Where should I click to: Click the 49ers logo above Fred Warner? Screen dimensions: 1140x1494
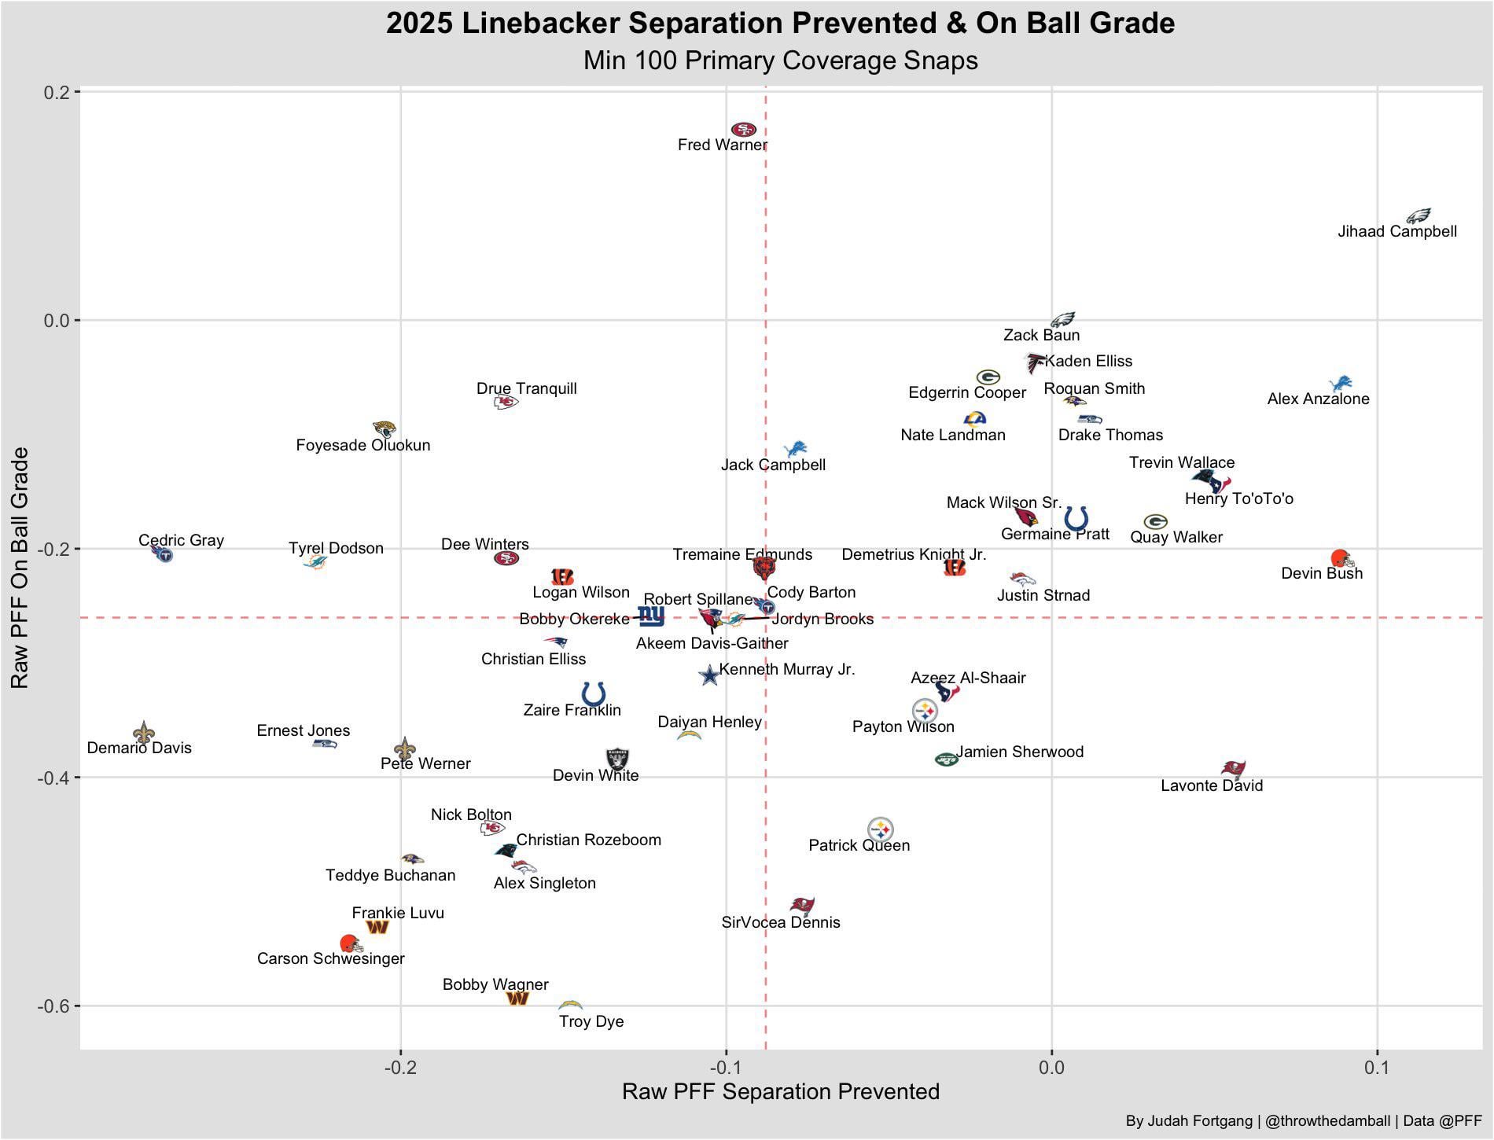[x=743, y=130]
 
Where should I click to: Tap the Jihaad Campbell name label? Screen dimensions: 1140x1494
[x=1397, y=232]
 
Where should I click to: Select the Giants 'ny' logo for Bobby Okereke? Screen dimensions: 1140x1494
[x=650, y=616]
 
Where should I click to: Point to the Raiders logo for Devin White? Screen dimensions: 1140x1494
[x=618, y=759]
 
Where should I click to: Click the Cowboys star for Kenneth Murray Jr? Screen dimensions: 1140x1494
[x=709, y=675]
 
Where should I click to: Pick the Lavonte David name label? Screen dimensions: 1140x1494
[x=1212, y=785]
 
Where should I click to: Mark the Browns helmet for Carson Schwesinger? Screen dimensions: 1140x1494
[x=351, y=943]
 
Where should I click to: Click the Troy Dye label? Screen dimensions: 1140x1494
[x=591, y=1021]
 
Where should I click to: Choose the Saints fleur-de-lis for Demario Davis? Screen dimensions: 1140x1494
[x=143, y=733]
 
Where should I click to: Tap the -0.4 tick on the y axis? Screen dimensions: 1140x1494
[x=56, y=778]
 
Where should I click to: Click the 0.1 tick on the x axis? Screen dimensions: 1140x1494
[x=1377, y=1068]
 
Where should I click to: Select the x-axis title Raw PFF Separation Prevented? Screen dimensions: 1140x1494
[x=781, y=1091]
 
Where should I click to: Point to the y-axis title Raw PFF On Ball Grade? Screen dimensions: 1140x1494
[x=20, y=568]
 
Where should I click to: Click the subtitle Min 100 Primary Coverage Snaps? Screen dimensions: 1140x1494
[x=781, y=61]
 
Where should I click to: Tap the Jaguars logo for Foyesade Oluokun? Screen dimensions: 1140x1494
[x=384, y=429]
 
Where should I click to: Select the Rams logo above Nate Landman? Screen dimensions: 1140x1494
[x=975, y=418]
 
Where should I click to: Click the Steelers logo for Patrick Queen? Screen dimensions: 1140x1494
[x=881, y=829]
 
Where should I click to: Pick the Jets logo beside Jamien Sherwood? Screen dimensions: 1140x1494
[x=946, y=759]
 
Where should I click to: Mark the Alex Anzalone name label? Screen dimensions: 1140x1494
[x=1318, y=399]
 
